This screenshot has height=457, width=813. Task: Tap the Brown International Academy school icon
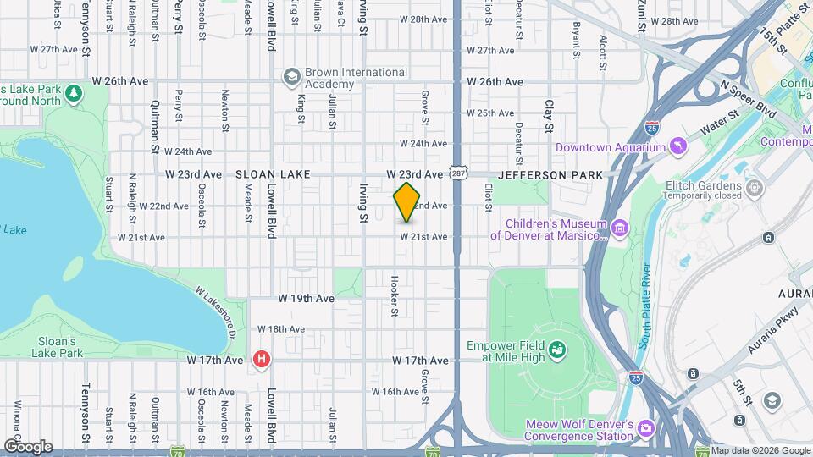[x=292, y=77]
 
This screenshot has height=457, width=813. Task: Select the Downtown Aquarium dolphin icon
[x=678, y=148]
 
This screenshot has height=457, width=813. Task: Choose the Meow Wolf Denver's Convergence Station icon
[x=646, y=429]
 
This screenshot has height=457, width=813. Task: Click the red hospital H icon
[x=263, y=360]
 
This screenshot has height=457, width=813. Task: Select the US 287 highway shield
[x=457, y=173]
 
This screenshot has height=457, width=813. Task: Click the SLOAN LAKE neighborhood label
[x=274, y=174]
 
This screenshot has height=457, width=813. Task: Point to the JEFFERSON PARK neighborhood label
[x=550, y=174]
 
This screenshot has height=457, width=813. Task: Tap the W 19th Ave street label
[x=307, y=299]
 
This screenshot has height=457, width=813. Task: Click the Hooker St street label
[x=395, y=296]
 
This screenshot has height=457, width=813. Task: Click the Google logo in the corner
[x=27, y=447]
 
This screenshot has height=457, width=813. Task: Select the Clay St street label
[x=549, y=117]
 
